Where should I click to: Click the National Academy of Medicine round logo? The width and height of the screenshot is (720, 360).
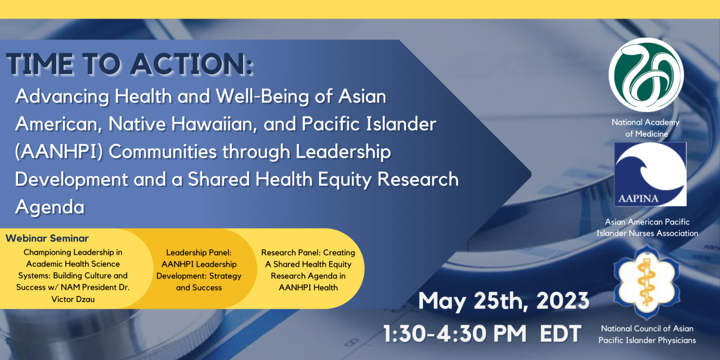coord(646,75)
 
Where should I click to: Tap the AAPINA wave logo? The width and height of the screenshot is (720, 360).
coord(650,174)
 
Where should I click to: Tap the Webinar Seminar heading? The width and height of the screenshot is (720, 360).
coord(47,238)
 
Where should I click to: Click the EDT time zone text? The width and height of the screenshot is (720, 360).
coord(560,334)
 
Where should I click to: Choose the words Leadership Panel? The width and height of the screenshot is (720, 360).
coord(199,253)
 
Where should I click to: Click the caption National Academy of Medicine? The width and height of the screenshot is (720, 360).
coord(646,128)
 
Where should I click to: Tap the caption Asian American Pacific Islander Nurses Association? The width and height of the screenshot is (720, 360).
coord(647,227)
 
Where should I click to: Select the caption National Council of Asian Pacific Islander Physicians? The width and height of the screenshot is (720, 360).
coord(647,334)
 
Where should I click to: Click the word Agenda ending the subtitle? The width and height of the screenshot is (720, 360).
coord(49,207)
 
